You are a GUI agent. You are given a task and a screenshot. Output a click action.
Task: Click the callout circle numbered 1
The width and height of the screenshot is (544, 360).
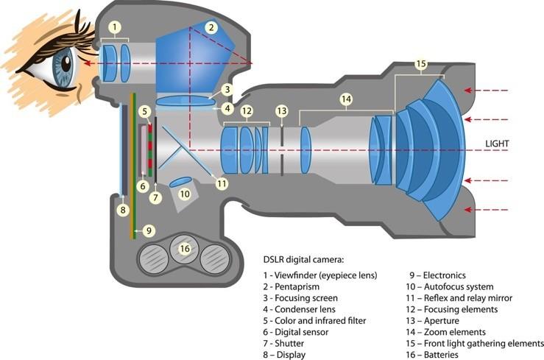[115, 27]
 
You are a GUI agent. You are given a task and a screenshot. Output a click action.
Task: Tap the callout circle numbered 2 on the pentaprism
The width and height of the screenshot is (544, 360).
[211, 27]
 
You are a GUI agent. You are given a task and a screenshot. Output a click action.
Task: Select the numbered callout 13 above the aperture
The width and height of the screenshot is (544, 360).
[282, 111]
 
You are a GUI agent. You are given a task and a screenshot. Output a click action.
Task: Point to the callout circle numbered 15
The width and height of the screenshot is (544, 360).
[421, 64]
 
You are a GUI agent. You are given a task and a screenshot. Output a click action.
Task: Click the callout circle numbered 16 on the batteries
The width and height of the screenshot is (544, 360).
[185, 248]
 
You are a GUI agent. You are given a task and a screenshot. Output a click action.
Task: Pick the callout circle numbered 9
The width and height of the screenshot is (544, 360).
[149, 230]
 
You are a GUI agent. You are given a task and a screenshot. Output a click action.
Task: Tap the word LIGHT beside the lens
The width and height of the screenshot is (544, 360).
[497, 144]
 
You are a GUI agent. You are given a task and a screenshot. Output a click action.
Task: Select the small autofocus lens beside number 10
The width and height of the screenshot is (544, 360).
[180, 182]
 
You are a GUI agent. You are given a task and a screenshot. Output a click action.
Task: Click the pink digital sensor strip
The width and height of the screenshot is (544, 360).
[144, 150]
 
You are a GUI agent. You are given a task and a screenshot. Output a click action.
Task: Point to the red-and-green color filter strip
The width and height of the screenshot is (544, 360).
[150, 150]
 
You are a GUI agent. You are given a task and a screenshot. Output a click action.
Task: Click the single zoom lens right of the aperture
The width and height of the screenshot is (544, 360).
[305, 150]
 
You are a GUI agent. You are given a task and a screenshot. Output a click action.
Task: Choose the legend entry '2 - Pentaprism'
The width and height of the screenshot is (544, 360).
[291, 287]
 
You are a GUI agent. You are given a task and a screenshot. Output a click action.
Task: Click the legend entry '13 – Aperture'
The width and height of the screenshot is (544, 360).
[432, 321]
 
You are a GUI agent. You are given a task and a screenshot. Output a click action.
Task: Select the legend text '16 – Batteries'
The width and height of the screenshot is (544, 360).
[432, 355]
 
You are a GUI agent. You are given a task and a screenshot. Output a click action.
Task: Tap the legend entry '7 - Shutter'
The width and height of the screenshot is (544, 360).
[283, 344]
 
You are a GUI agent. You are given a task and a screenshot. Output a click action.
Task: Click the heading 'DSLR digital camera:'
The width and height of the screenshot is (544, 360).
[303, 260]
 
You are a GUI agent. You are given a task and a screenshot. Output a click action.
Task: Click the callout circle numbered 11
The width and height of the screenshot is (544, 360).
[222, 183]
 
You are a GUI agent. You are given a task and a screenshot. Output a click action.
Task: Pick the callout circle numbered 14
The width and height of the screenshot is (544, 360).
[346, 99]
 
